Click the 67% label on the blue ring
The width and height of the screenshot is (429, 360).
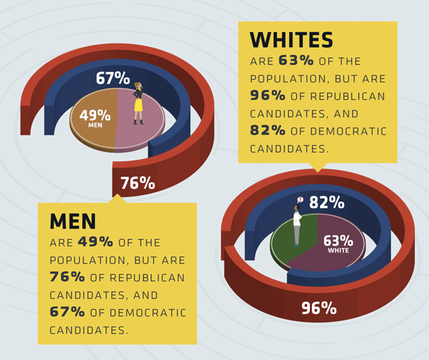[113, 78]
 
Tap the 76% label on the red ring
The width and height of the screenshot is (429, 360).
[138, 182]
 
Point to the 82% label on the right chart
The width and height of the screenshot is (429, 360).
[326, 203]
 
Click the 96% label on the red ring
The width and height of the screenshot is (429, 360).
[319, 308]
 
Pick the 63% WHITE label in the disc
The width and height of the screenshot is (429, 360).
[338, 242]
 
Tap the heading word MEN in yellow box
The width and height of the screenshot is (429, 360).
[73, 221]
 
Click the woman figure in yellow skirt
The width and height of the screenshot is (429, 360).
[138, 103]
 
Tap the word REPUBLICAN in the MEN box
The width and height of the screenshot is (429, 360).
[150, 278]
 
